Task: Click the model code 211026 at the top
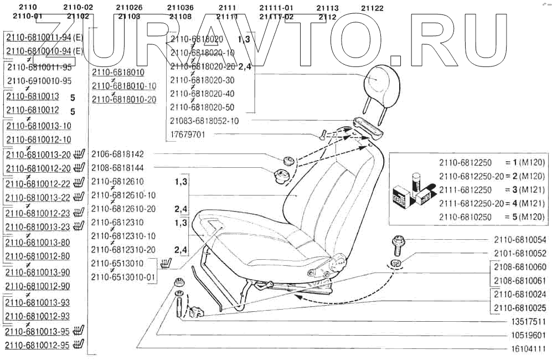point(129,8)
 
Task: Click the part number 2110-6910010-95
point(39,81)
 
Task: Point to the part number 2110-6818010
point(118,73)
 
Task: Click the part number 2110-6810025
point(520,307)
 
